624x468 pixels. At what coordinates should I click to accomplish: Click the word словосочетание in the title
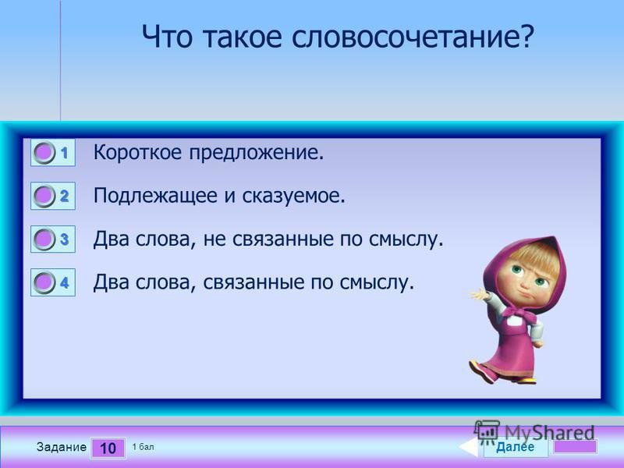coord(413,37)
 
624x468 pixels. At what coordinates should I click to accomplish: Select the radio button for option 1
coord(44,152)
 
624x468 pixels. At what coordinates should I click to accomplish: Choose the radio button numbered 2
coord(44,196)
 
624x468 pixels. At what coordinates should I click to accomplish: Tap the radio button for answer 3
coord(44,239)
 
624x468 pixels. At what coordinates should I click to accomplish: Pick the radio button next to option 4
coord(44,282)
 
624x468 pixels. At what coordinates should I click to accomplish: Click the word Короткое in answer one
coord(138,153)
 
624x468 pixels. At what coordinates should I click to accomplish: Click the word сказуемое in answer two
coord(294,197)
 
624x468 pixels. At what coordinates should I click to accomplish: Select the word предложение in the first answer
coord(257,153)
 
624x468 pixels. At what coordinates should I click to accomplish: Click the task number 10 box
coord(108,448)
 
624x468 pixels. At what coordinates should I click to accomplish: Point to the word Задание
coord(62,447)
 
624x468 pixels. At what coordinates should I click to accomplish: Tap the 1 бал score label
coord(143,447)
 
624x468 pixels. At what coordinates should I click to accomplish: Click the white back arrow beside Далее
coord(469,447)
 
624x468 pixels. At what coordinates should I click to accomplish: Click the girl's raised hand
coord(480,296)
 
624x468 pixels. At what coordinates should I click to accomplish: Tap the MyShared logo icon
coord(487,432)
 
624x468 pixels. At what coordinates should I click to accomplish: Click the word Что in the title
coord(167,37)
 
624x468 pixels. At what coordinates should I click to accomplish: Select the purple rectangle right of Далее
coord(576,446)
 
